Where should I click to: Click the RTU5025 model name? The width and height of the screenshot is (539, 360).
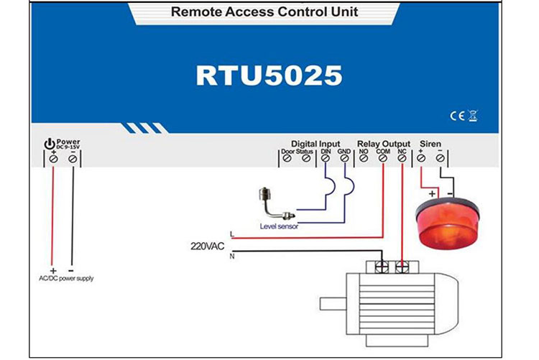(x=269, y=76)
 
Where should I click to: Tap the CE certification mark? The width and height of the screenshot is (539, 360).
(x=455, y=115)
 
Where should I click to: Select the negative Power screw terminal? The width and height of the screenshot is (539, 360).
(x=72, y=158)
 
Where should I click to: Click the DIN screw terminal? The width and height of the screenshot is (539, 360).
(x=326, y=158)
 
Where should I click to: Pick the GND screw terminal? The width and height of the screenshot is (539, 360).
(x=345, y=158)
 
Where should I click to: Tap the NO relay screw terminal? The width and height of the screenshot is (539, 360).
(x=364, y=158)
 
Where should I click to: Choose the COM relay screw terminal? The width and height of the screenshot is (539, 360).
(x=383, y=158)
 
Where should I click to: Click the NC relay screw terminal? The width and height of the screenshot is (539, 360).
(x=402, y=158)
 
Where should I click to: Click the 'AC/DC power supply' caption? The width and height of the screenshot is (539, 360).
(x=66, y=278)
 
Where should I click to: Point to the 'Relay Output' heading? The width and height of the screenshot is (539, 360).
(x=384, y=144)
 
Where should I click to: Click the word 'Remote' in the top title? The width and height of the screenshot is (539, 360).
(x=193, y=12)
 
